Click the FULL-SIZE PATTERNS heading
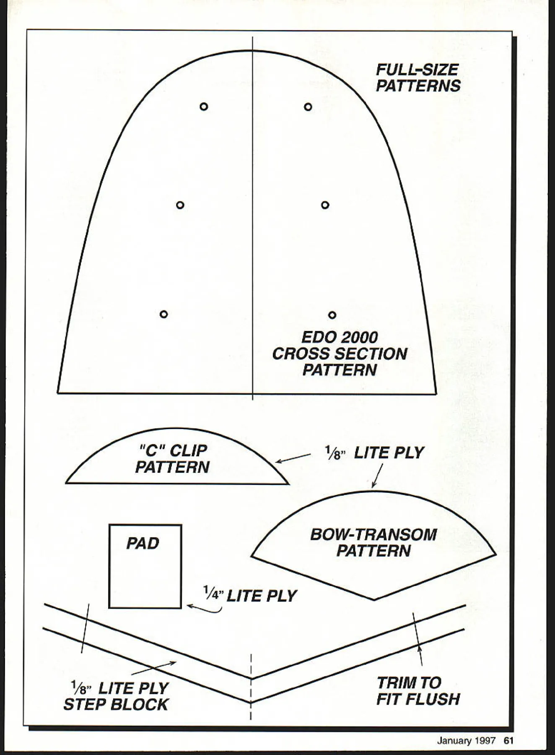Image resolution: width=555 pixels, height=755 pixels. (418, 78)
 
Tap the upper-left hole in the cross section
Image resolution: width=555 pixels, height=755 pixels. (204, 107)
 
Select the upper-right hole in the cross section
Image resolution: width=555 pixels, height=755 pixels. (308, 107)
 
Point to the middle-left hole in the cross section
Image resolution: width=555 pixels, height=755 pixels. (180, 205)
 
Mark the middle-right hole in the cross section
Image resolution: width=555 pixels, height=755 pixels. (325, 205)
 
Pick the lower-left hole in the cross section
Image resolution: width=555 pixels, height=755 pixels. (164, 314)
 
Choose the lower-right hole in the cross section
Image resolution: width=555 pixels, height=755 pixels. (332, 315)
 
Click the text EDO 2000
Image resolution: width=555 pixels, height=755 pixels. (340, 338)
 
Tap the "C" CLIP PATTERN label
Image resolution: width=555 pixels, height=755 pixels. (172, 459)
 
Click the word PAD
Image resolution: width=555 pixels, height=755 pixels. (143, 544)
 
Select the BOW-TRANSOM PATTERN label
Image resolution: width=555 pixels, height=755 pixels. (373, 542)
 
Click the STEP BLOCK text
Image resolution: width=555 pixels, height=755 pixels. (116, 705)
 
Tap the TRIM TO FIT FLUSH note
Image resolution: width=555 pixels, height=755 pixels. (418, 691)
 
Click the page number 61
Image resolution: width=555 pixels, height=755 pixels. (508, 741)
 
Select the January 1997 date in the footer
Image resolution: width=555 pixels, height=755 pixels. (466, 741)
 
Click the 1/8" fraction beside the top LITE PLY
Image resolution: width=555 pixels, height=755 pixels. (334, 453)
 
